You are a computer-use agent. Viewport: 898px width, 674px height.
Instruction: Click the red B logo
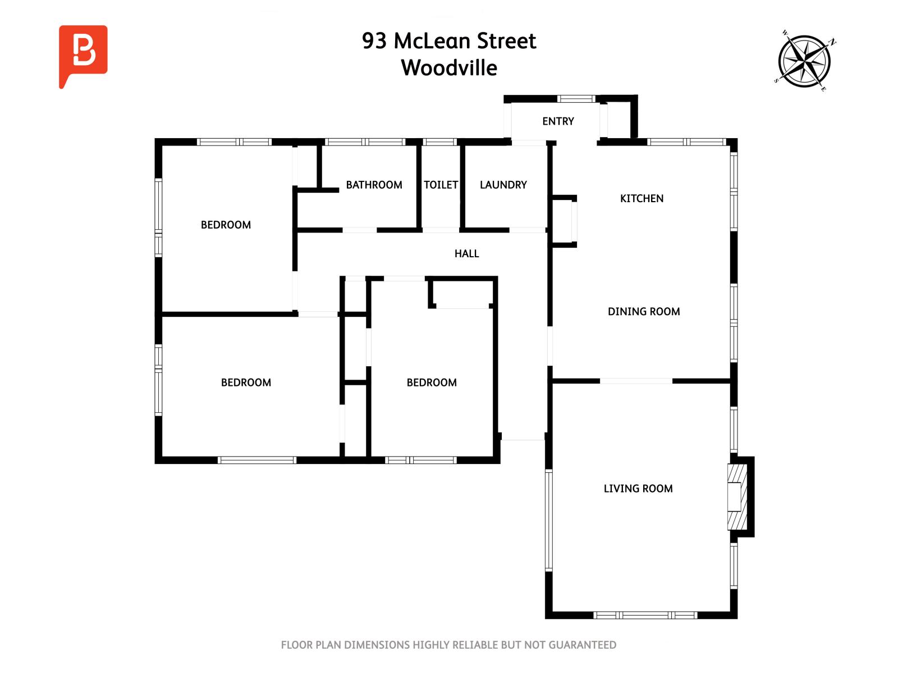click(x=83, y=52)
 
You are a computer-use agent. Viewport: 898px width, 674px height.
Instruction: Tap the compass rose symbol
click(x=804, y=61)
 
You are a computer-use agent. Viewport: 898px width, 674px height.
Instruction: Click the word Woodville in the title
click(x=449, y=68)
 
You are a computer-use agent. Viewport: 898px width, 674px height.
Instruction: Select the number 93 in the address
click(x=374, y=41)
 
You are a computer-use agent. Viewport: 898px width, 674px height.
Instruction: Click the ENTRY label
click(x=558, y=121)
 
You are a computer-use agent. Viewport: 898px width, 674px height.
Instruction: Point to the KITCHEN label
click(x=642, y=198)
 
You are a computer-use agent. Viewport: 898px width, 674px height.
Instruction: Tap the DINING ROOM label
click(x=644, y=312)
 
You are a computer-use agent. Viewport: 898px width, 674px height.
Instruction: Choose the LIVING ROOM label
click(x=638, y=489)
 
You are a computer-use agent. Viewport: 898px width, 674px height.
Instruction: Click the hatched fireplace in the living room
click(x=737, y=497)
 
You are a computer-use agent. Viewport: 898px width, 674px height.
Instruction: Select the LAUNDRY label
click(x=503, y=185)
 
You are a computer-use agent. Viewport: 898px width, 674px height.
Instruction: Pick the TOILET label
click(x=441, y=185)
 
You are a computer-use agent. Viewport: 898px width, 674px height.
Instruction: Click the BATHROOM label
click(x=374, y=185)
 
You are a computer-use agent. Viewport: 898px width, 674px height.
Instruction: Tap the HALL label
click(x=466, y=254)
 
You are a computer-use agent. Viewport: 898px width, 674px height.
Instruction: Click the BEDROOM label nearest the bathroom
click(x=226, y=225)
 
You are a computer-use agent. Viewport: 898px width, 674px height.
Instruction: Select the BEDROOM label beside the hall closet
click(x=431, y=382)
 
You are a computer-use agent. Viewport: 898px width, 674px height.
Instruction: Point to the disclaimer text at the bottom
click(x=448, y=645)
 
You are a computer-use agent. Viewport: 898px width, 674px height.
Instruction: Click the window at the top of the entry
click(x=576, y=99)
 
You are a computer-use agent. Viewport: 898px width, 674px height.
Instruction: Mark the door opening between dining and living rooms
click(x=636, y=381)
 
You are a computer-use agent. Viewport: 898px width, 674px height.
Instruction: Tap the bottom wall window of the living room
click(x=645, y=615)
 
